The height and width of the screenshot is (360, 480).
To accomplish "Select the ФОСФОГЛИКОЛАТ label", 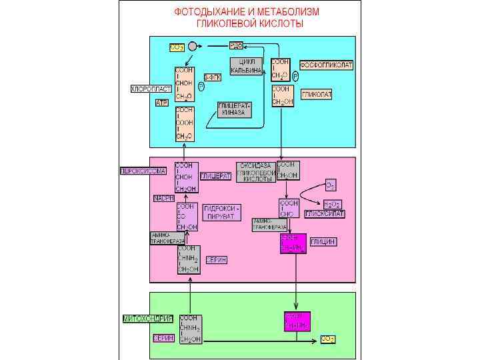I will pos(326,65).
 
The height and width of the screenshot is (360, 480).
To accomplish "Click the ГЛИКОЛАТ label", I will pos(317,95).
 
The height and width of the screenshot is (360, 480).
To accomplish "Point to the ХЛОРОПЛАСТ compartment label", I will pos(151,89).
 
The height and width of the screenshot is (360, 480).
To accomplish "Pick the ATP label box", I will pos(161,103).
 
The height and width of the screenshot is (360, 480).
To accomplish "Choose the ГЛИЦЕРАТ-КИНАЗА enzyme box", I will pos(235,110).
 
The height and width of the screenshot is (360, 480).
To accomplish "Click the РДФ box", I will pos(236,45).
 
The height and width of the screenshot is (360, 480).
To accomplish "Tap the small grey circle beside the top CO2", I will pos(193,46).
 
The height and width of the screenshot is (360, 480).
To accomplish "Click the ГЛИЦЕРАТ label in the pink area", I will pos(216,176).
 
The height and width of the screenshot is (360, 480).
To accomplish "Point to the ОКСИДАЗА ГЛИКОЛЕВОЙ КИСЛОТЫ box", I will pos(256,172).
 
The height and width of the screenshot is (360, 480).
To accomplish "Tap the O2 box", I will pos(331,184).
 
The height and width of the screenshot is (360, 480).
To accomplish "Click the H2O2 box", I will pos(332,203).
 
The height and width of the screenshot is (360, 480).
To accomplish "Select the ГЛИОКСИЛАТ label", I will pos(325,214).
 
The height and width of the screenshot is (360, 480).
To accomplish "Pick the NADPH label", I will pos(163,198).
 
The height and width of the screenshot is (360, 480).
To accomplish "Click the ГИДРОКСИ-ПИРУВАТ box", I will pos(222,212).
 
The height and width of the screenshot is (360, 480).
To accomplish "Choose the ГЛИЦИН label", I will pos(323,241).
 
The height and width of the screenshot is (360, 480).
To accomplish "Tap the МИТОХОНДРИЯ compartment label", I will pos(148,319).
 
